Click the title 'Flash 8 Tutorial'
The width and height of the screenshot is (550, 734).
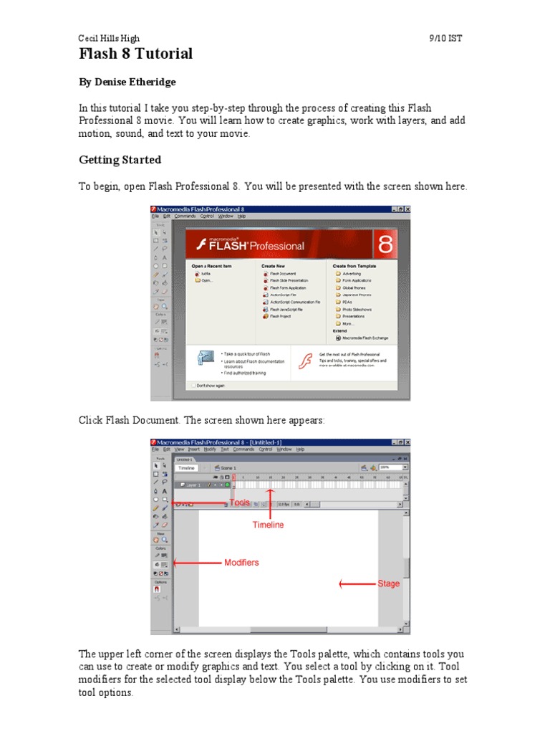pyautogui.click(x=135, y=54)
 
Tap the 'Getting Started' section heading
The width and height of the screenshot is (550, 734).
pyautogui.click(x=120, y=160)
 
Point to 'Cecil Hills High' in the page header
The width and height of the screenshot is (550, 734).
pyautogui.click(x=109, y=38)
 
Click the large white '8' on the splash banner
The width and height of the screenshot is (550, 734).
pyautogui.click(x=385, y=244)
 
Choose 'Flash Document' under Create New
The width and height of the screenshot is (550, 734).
pyautogui.click(x=283, y=273)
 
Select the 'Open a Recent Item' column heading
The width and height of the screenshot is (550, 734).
pyautogui.click(x=212, y=266)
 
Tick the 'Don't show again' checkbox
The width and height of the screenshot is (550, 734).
pyautogui.click(x=192, y=385)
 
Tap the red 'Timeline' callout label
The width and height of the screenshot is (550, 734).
pyautogui.click(x=268, y=525)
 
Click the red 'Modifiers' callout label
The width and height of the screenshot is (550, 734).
pyautogui.click(x=241, y=563)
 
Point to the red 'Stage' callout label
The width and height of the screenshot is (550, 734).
pyautogui.click(x=389, y=583)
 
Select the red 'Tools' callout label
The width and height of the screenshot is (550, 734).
pyautogui.click(x=239, y=502)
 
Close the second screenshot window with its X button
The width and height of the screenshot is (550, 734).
pyautogui.click(x=407, y=442)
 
